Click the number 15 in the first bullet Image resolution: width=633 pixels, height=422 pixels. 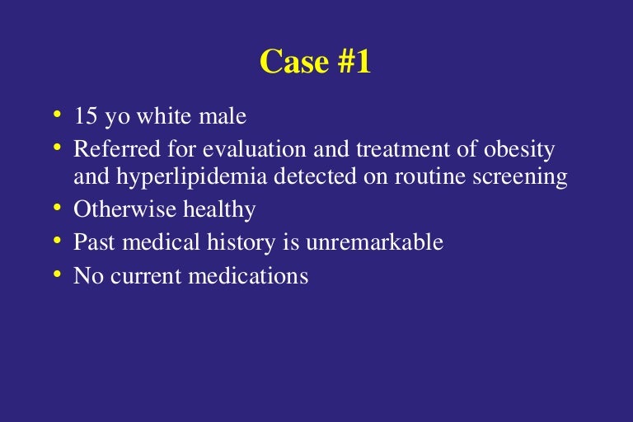[x=85, y=116]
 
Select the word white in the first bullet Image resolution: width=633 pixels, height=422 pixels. [x=162, y=116]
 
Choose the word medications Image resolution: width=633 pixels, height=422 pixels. [x=251, y=275]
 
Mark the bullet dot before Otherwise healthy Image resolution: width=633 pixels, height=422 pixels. [x=58, y=207]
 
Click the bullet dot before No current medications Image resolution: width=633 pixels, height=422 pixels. [x=58, y=273]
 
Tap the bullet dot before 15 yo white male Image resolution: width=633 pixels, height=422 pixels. [x=58, y=114]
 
